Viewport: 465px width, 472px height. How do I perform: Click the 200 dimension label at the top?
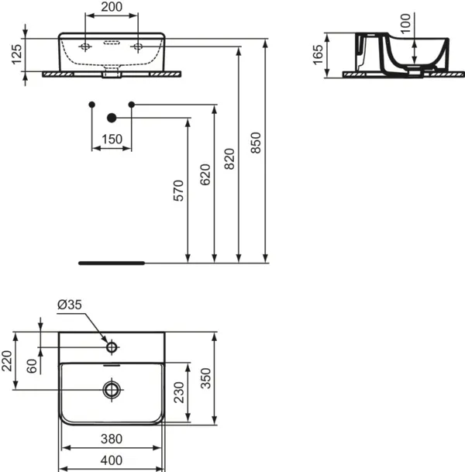112,7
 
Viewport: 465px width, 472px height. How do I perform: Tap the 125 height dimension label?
17,54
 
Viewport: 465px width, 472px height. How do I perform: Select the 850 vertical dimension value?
256,143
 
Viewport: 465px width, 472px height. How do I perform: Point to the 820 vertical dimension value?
229,159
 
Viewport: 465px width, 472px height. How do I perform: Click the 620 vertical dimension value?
205,174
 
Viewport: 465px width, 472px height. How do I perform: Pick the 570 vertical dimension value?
178,191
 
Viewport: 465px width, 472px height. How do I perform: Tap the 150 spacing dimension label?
112,140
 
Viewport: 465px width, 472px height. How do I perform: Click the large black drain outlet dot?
112,118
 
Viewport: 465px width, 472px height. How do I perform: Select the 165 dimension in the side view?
318,55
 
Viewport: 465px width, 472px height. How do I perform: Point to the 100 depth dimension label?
405,23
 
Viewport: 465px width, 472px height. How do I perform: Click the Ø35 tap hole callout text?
70,305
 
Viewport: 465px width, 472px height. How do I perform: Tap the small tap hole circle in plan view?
112,347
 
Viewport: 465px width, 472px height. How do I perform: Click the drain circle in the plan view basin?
112,390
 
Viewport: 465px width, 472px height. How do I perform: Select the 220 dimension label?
7,361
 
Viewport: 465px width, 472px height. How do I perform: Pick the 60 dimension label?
32,366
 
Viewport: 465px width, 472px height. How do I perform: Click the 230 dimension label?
179,392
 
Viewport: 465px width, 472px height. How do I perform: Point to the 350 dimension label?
206,378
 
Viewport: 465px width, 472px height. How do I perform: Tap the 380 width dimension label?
112,439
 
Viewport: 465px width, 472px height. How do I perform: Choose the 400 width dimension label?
112,460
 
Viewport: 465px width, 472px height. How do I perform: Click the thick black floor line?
112,263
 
